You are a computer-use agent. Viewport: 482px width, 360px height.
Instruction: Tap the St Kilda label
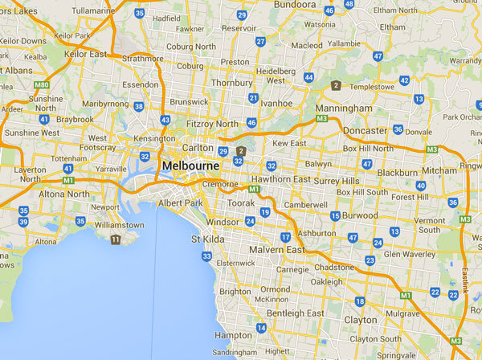tap(206, 239)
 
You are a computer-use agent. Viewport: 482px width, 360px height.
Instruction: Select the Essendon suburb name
tap(141, 83)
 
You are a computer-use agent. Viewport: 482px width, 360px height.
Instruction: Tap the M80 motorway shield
tap(42, 84)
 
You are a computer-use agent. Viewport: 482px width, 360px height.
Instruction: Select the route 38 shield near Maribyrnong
tap(139, 106)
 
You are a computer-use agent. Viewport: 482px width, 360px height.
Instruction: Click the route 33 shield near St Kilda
tap(206, 256)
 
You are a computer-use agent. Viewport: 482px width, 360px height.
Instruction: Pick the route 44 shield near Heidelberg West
tap(308, 77)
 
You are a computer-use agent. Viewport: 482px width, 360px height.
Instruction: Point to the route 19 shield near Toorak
tap(265, 212)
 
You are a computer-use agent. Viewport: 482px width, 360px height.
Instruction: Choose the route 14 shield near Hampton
tap(261, 328)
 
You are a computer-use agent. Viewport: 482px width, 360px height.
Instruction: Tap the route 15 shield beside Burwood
tap(335, 215)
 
